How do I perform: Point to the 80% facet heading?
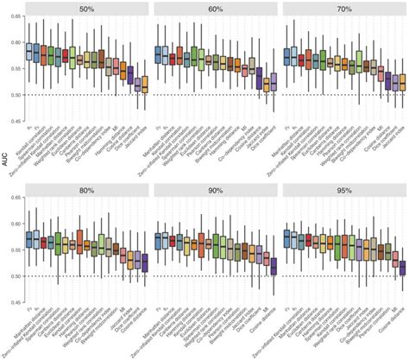pyautogui.click(x=86, y=192)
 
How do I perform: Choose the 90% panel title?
pyautogui.click(x=215, y=192)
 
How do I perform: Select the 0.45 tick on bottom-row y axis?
pyautogui.click(x=14, y=302)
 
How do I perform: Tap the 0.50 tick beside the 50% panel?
pyautogui.click(x=14, y=95)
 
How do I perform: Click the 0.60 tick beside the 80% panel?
pyautogui.click(x=14, y=224)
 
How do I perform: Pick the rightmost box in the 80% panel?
pyautogui.click(x=145, y=262)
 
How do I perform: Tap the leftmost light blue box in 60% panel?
pyautogui.click(x=158, y=54)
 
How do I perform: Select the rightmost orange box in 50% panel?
pyautogui.click(x=145, y=85)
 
